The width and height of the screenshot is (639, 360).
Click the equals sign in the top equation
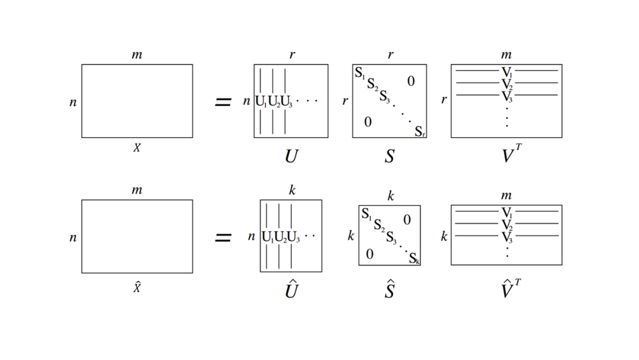[x=223, y=102]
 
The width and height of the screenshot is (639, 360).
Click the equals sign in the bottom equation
[x=223, y=237]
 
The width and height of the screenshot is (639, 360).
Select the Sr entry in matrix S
[x=419, y=131]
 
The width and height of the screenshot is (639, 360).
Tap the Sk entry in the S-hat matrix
[x=414, y=258]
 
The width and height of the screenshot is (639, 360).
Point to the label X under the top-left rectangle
[x=137, y=147]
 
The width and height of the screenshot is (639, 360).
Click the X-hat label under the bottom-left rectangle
[x=137, y=287]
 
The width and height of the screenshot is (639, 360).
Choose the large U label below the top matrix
[x=291, y=156]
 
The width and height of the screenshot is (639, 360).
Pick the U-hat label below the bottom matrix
[x=291, y=289]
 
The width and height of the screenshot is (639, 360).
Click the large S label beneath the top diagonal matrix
[x=389, y=156]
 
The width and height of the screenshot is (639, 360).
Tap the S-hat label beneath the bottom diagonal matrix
[x=389, y=289]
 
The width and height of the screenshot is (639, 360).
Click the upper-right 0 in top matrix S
[x=411, y=81]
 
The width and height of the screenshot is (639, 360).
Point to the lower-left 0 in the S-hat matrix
[x=370, y=254]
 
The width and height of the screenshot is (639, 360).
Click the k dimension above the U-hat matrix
[x=292, y=190]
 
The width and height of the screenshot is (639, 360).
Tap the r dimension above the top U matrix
[x=292, y=54]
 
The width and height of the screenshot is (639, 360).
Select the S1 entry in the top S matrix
[x=360, y=73]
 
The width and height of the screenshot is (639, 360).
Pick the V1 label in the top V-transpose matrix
[x=506, y=72]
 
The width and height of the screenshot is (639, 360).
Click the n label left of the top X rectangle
[x=73, y=102]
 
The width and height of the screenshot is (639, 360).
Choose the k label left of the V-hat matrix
[x=444, y=236]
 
